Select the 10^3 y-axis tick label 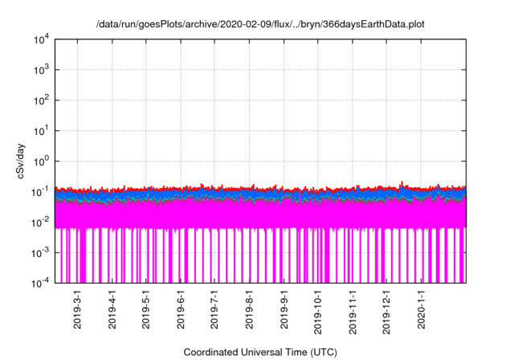point(43,70)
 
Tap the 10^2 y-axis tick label point(43,100)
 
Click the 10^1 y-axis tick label point(43,130)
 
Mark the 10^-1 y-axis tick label point(43,191)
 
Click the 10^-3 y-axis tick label point(43,252)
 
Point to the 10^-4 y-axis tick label point(43,283)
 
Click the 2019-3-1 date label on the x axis point(78,310)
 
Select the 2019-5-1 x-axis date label point(146,310)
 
